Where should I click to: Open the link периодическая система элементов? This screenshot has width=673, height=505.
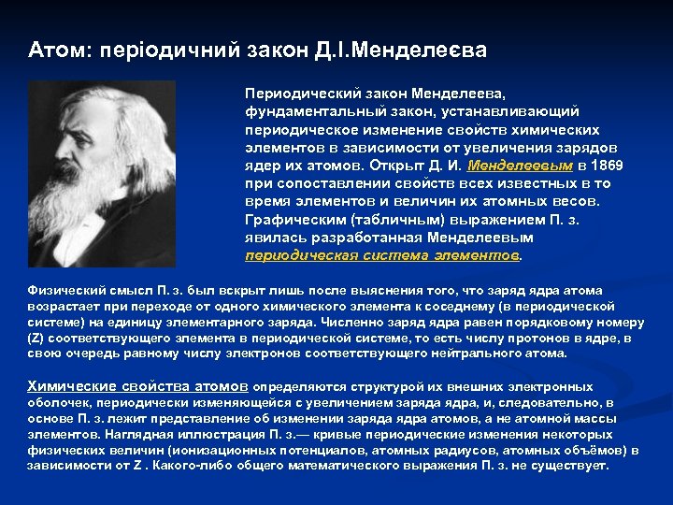click(x=381, y=254)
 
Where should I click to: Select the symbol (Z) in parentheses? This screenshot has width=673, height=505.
click(x=38, y=338)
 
